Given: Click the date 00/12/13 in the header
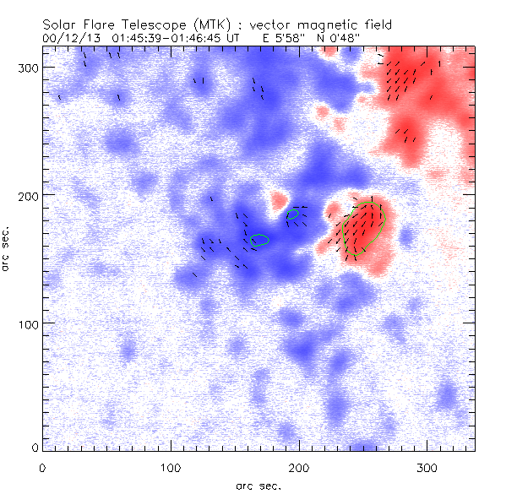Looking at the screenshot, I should tap(68, 39).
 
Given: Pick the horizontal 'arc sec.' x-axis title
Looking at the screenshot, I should tap(256, 485).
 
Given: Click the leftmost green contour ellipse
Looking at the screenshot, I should tap(259, 240).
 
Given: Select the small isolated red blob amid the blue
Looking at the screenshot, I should tap(277, 201).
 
